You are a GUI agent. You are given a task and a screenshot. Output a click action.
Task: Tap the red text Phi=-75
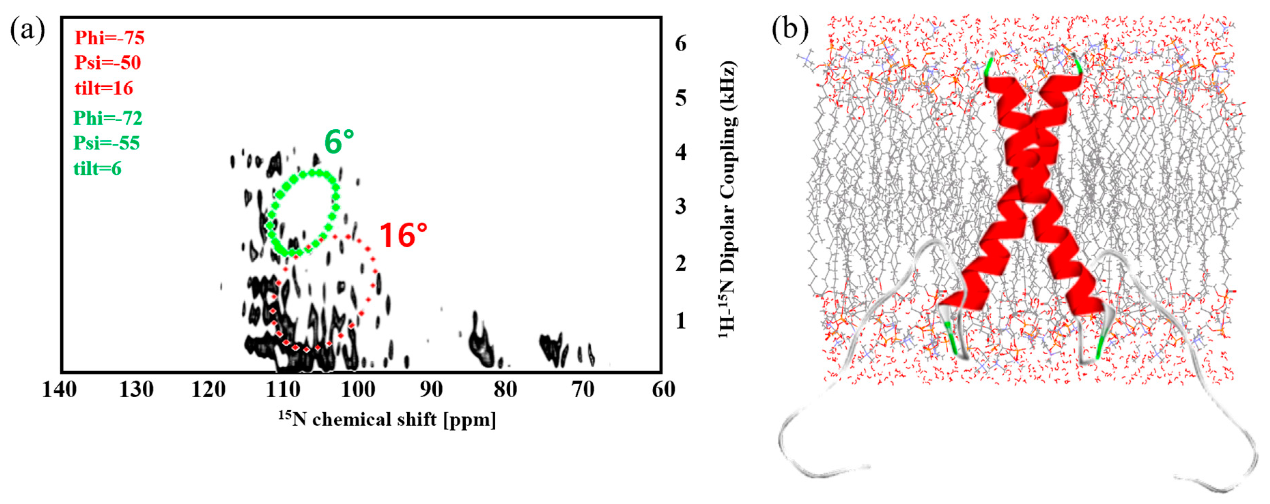pyautogui.click(x=110, y=38)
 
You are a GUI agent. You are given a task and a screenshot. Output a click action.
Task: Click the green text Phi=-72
pyautogui.click(x=108, y=118)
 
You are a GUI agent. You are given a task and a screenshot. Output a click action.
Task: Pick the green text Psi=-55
pyautogui.click(x=107, y=143)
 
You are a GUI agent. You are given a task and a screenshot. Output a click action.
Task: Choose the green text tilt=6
pyautogui.click(x=97, y=169)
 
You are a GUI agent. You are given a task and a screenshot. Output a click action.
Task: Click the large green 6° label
pyautogui.click(x=339, y=142)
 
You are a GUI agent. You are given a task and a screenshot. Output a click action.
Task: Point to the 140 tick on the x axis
pyautogui.click(x=60, y=390)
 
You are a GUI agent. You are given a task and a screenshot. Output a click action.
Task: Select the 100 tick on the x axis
pyautogui.click(x=358, y=390)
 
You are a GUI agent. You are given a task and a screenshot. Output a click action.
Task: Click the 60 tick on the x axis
pyautogui.click(x=663, y=390)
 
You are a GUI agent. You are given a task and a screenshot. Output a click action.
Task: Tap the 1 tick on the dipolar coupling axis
pyautogui.click(x=681, y=321)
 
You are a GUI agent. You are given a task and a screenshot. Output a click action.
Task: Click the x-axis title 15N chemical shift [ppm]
pyautogui.click(x=387, y=420)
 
